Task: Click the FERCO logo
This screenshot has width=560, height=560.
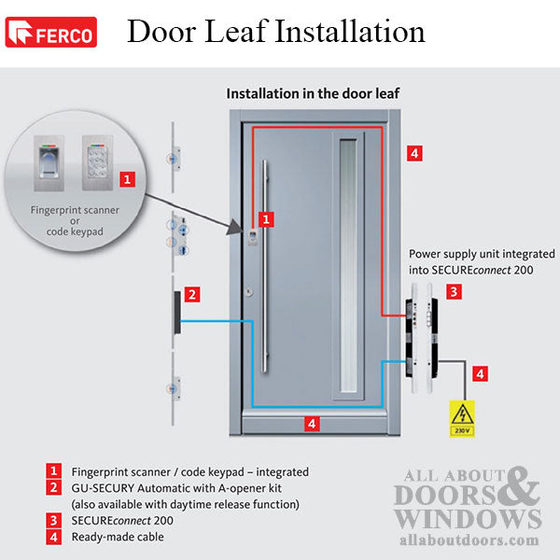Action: [50, 34]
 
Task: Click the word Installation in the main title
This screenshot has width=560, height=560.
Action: [350, 32]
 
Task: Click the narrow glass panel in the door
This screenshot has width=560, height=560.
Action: [349, 265]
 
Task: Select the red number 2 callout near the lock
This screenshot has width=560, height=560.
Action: [191, 295]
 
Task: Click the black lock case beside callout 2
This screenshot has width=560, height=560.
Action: [175, 315]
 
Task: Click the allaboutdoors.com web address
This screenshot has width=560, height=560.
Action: [467, 539]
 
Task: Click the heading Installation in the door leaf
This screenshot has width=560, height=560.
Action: [315, 94]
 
